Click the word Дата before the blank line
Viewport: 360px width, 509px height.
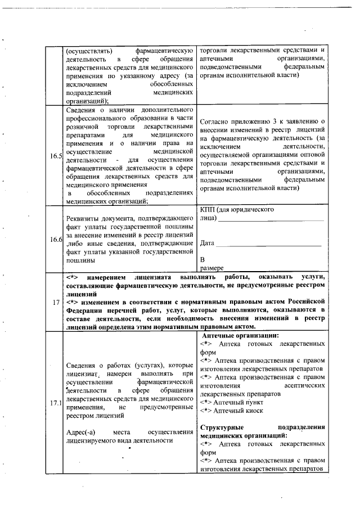[208, 242]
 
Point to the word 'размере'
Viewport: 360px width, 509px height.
[212, 268]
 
